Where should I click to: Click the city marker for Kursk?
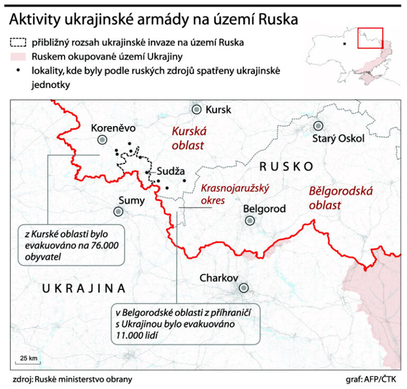pos(197,109)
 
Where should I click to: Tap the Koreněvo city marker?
pos(102,139)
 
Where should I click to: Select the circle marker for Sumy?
pos(118,211)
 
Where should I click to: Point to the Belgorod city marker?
pos(249,219)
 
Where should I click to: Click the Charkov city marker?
pos(244,288)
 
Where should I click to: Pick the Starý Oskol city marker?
pos(318,126)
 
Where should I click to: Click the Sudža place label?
pos(171,171)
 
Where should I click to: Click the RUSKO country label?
pos(286,166)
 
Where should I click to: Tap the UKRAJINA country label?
pos(83,288)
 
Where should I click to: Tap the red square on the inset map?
pos(370,37)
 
